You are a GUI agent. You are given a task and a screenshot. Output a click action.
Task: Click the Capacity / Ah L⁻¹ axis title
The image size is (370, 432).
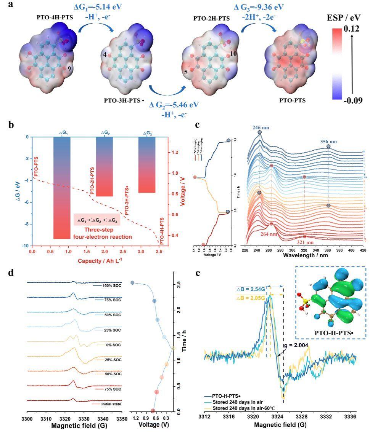tap(97, 261)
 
